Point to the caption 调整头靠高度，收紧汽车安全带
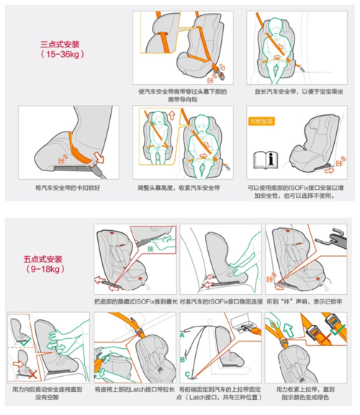pyautogui.click(x=180, y=187)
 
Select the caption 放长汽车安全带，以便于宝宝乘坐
pyautogui.click(x=294, y=91)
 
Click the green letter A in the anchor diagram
pyautogui.click(x=183, y=334)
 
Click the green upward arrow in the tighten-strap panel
pyautogui.click(x=287, y=327)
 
